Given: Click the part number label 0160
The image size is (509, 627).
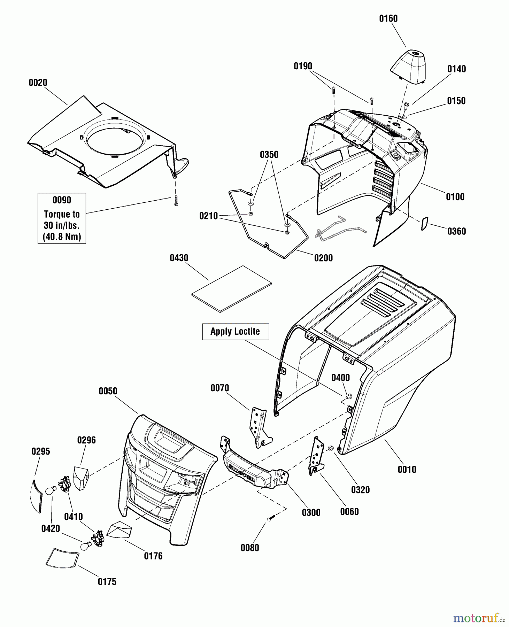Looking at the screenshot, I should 388,18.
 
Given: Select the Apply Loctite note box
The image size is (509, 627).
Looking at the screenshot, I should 235,332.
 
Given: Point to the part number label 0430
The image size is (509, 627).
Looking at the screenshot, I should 179,258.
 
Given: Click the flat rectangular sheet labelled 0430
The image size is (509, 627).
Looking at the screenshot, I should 231,289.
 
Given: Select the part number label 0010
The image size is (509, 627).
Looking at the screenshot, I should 407,470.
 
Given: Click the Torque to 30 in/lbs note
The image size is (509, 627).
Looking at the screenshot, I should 62,218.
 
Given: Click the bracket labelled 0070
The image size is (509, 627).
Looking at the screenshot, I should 259,428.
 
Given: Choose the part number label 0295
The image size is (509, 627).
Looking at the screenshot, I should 41,451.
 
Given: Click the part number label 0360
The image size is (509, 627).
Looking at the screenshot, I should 456,231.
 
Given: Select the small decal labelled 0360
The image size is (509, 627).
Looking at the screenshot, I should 424,223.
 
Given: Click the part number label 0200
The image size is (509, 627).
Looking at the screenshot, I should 323,258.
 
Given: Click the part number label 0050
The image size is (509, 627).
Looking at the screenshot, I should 108,391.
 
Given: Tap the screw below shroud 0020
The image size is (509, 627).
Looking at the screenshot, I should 176,201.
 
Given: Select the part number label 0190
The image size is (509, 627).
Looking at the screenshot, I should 303,66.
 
